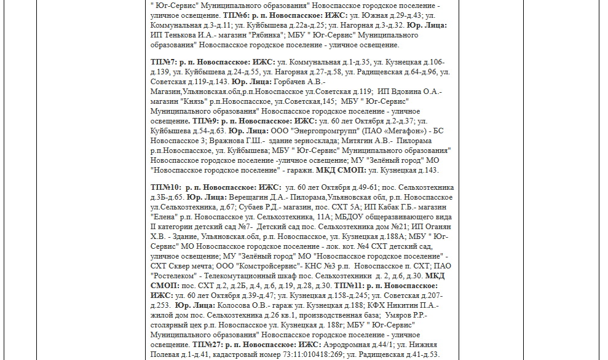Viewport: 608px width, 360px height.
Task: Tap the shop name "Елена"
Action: coord(164,217)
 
